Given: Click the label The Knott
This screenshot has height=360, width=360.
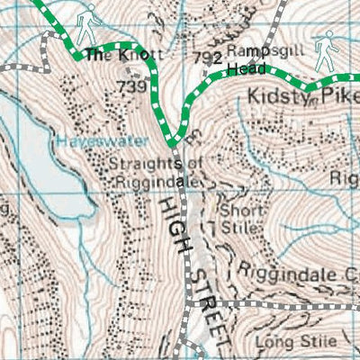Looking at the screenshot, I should click(112, 56).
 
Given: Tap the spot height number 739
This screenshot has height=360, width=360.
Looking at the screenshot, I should click(131, 86).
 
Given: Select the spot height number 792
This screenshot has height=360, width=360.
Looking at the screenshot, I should click(207, 58).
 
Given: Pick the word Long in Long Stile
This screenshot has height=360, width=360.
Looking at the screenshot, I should click(271, 342).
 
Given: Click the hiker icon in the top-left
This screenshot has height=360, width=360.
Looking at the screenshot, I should click(86, 25).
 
